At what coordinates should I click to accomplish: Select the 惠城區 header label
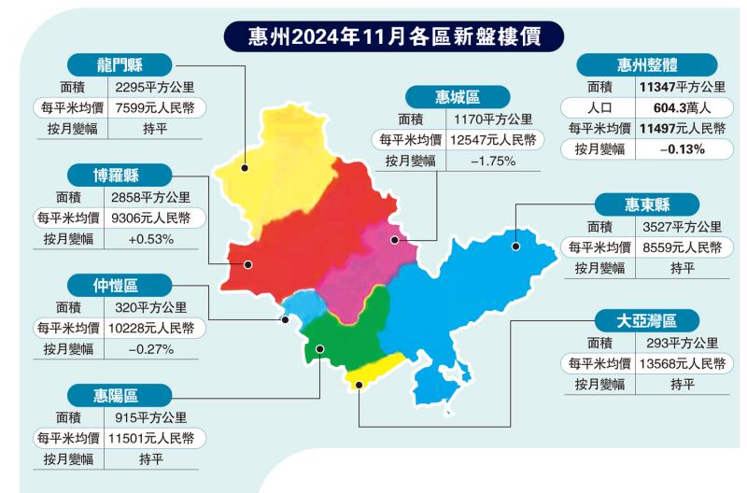(x=458, y=96)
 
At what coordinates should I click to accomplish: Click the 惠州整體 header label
(x=648, y=63)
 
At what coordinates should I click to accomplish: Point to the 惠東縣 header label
(x=647, y=204)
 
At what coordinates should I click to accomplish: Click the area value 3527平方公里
(x=682, y=226)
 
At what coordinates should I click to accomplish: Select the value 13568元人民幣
(x=683, y=362)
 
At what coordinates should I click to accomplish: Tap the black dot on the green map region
(x=318, y=349)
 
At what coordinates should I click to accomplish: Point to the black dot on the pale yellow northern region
(x=244, y=169)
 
